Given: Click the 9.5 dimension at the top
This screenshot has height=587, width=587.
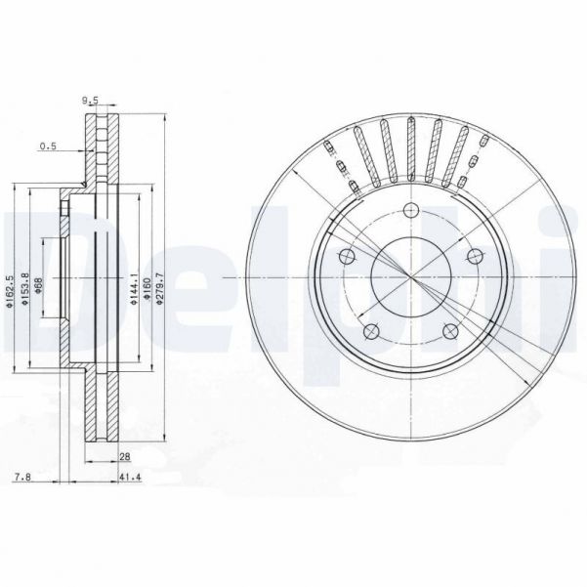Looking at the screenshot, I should [91, 100].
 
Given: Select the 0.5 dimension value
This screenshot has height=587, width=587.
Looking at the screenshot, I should [47, 147].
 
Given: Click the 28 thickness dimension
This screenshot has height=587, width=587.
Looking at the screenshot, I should [126, 455].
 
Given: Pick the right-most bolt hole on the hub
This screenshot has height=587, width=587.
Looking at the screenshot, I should [476, 256].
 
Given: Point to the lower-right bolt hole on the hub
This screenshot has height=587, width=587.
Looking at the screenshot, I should [450, 334].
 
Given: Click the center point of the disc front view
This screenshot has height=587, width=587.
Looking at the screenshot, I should [410, 279].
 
